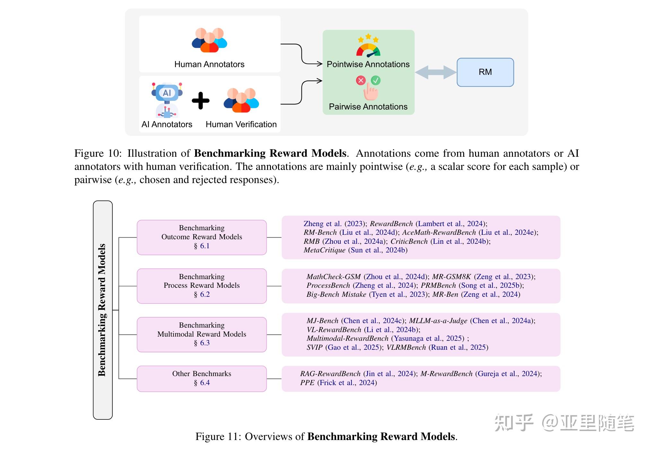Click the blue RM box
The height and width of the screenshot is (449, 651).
(x=485, y=72)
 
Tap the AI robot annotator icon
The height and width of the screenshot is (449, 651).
(x=167, y=100)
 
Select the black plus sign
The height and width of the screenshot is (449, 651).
(x=201, y=101)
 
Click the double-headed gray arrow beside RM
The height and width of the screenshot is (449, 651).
(x=436, y=72)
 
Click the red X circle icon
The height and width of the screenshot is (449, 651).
(x=361, y=80)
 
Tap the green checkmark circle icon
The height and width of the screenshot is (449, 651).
(x=376, y=80)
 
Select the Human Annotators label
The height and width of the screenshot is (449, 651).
(x=209, y=65)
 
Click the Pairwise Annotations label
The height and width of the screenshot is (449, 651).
(x=368, y=107)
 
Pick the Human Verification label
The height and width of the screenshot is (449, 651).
(x=241, y=125)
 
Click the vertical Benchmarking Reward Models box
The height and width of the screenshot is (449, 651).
(x=103, y=310)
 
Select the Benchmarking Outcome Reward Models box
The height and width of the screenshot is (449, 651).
(x=202, y=237)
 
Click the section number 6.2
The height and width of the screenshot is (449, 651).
(x=205, y=295)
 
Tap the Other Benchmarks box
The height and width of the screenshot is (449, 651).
(x=202, y=379)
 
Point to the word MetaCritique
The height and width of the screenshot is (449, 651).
(x=324, y=250)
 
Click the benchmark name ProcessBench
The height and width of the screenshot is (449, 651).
(x=328, y=286)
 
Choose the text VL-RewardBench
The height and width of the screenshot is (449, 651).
(x=334, y=330)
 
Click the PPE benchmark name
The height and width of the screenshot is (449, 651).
(x=307, y=383)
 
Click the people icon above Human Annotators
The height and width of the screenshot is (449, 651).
(x=209, y=40)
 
